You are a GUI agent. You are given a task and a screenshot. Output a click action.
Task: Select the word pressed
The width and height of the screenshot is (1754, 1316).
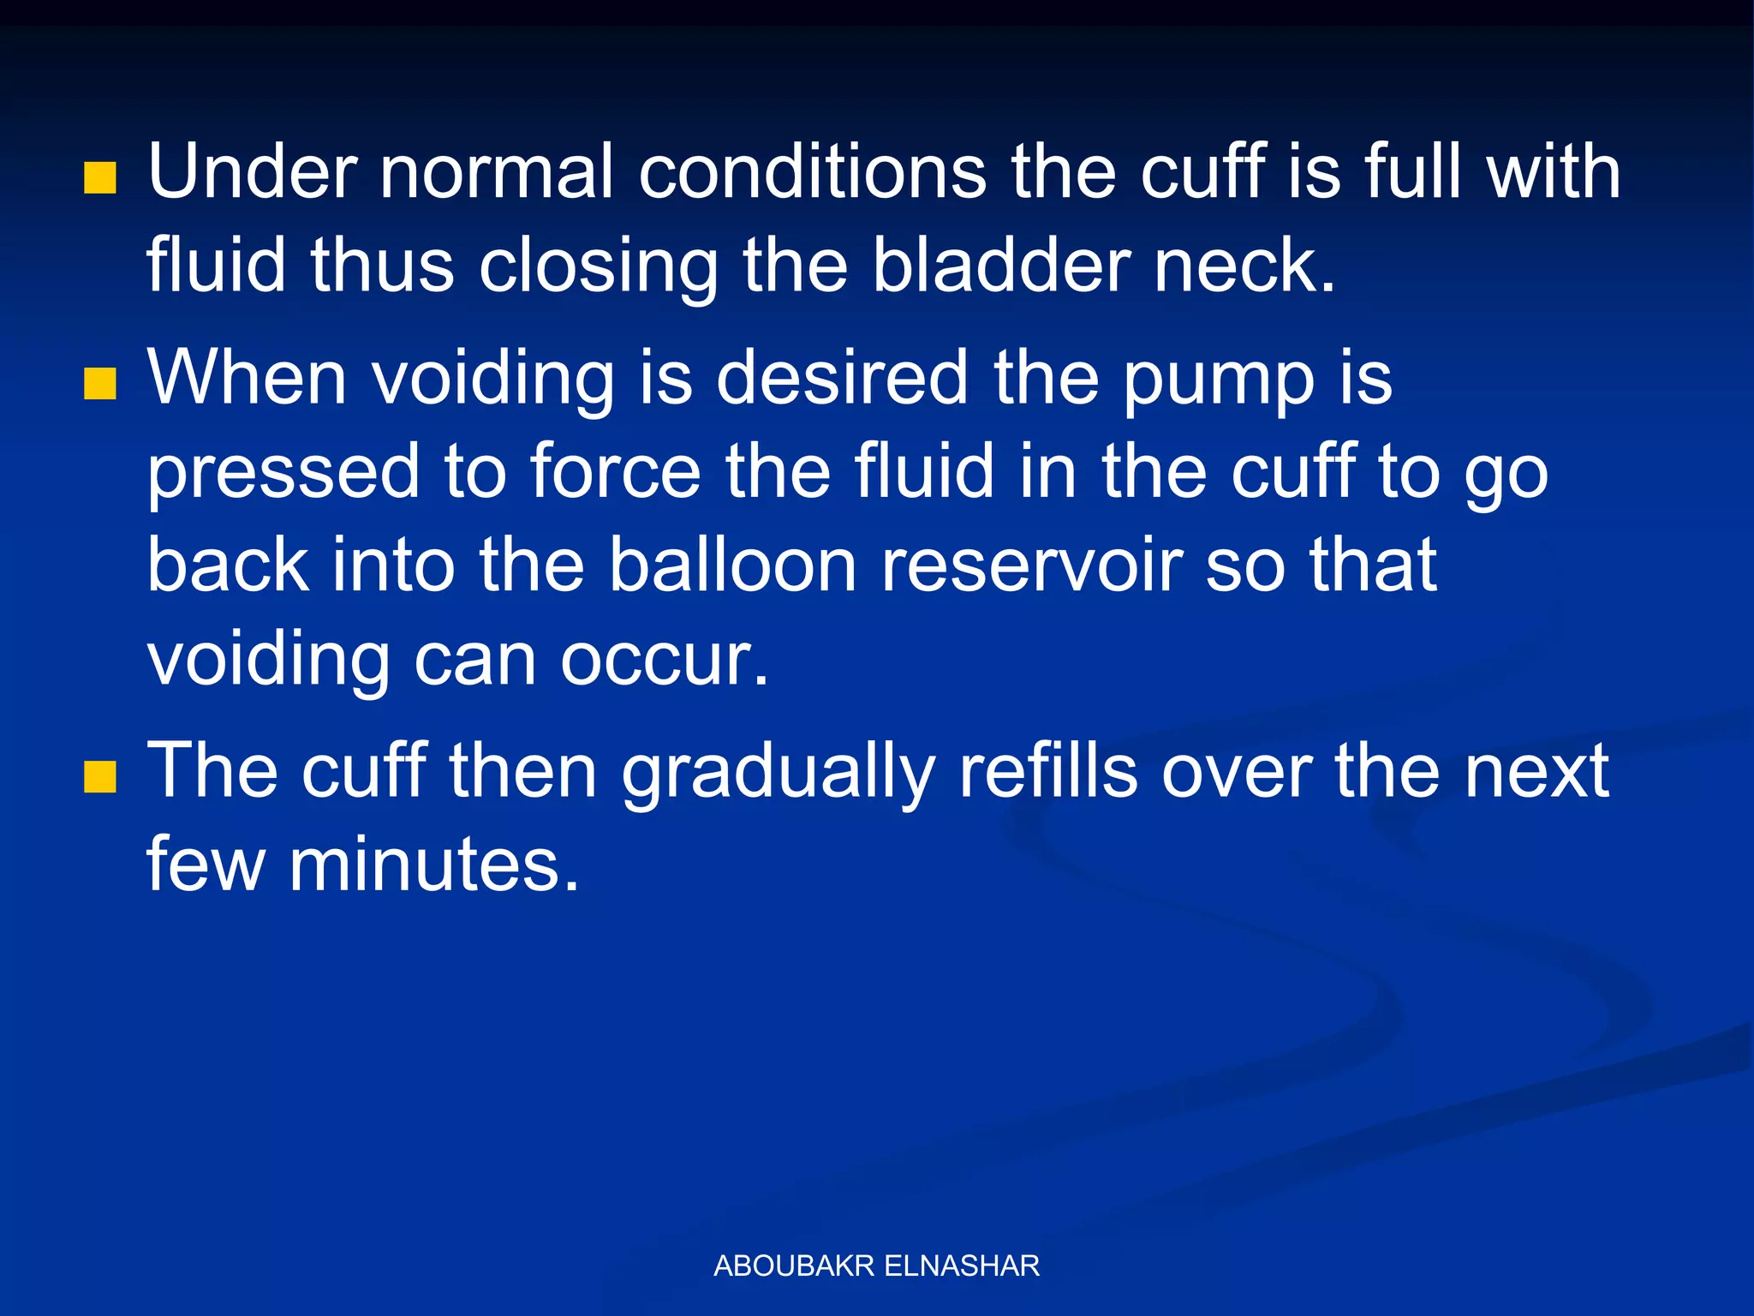point(283,474)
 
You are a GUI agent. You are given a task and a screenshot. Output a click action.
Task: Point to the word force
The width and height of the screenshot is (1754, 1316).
point(616,472)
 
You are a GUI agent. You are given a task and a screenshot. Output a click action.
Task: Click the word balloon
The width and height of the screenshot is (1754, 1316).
point(733,565)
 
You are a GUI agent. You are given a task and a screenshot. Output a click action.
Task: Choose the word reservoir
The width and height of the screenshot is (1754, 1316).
point(1031,565)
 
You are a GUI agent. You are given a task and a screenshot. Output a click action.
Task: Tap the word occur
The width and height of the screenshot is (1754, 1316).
point(665,661)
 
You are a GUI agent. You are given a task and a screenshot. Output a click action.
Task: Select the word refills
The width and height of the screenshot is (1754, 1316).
point(1048,771)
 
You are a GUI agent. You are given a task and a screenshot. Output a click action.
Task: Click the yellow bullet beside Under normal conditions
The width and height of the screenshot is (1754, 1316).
point(100,179)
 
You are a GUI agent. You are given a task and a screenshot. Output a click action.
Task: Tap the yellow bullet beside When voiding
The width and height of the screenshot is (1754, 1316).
point(100,385)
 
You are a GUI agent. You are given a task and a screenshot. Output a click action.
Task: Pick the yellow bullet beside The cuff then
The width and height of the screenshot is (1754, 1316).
point(100,778)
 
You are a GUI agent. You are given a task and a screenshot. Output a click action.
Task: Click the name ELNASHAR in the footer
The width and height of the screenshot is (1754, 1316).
point(961,1265)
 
